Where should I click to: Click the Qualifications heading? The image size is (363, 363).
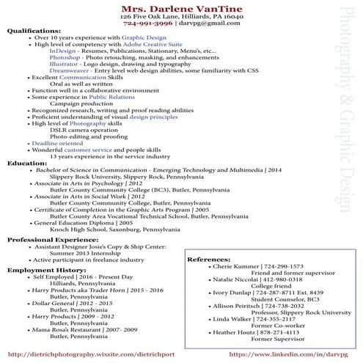tap(34, 31)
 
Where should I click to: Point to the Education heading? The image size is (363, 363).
tap(27, 163)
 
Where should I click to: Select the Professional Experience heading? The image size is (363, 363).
tap(52, 240)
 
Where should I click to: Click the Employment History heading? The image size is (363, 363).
tap(43, 270)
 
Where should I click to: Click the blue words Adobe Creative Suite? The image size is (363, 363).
tap(152, 45)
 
